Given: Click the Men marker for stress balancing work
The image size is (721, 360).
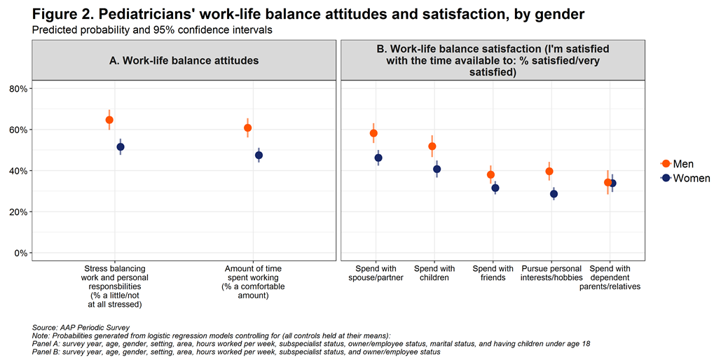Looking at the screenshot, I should [x=109, y=120].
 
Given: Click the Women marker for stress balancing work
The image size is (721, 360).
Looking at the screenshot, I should [x=121, y=147].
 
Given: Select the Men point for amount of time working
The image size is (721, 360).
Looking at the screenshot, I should [x=247, y=128].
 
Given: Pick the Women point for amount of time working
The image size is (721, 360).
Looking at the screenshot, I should [x=259, y=155].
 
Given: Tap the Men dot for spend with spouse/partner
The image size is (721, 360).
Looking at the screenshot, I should [x=373, y=133].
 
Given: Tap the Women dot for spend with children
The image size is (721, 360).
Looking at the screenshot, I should [x=437, y=169].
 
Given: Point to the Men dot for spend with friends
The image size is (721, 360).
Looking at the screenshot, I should [x=490, y=175].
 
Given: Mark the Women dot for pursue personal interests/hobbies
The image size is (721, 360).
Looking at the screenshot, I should [x=554, y=194].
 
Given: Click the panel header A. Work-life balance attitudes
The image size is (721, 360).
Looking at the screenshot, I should [x=184, y=61].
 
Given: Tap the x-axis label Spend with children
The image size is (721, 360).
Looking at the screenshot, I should [x=434, y=273].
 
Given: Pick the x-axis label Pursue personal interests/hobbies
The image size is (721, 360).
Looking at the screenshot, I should [x=552, y=273].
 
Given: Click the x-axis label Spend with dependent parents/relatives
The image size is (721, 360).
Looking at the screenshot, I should [x=614, y=277].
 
